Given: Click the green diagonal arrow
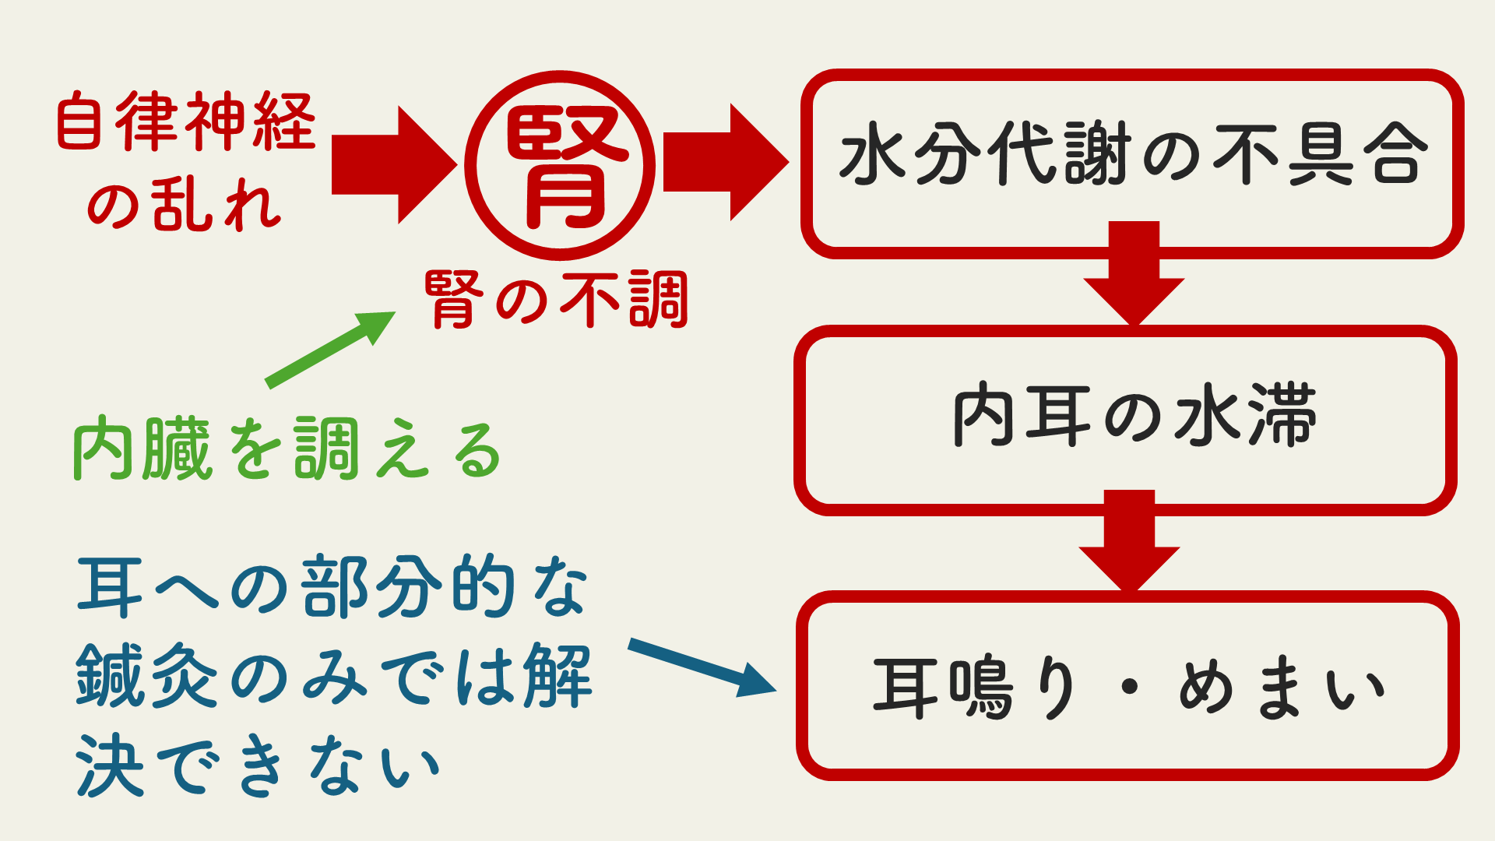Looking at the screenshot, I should click(329, 350).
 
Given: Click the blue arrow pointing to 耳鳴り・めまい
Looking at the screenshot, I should click(701, 667).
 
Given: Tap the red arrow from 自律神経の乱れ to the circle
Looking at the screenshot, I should click(393, 165).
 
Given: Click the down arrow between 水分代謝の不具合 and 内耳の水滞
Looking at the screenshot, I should click(1134, 273).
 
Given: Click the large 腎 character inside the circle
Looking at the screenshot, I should click(561, 167).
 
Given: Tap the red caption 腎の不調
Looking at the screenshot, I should click(557, 300).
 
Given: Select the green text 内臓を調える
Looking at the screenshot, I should click(287, 449).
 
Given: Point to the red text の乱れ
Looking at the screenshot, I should click(184, 204).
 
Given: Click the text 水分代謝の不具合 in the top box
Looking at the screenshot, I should click(1133, 154).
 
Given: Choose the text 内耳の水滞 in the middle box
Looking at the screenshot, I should click(1134, 415).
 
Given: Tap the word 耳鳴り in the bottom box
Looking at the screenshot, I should click(976, 688).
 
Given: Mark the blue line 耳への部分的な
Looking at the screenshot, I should click(333, 587).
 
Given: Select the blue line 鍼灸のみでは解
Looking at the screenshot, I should click(333, 676).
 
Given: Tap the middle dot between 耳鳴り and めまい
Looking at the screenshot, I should click(1130, 688).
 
